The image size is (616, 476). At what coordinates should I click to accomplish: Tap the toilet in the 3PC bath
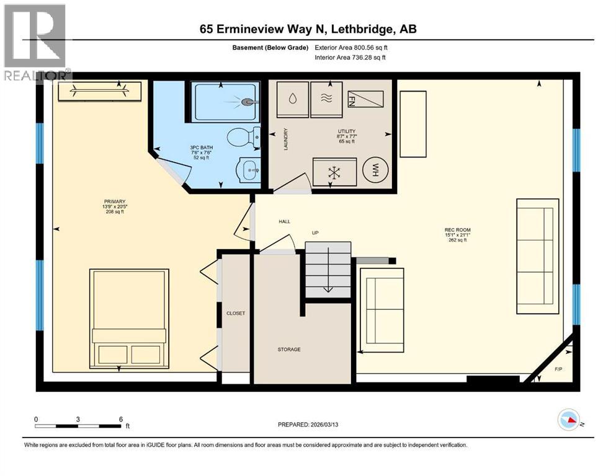243,137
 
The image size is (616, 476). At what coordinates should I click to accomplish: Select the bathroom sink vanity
249,169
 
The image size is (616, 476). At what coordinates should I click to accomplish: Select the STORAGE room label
288,350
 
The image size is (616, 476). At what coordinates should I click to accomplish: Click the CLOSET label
236,314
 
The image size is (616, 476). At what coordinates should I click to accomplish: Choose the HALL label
284,221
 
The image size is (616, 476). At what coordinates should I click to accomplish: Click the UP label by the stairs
315,233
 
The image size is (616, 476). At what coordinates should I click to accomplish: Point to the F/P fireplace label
558,370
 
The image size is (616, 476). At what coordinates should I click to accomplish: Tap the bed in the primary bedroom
129,320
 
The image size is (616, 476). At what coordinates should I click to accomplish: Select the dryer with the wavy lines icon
326,98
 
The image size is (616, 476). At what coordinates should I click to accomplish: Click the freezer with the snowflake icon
335,172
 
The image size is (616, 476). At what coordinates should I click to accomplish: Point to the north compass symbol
568,420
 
